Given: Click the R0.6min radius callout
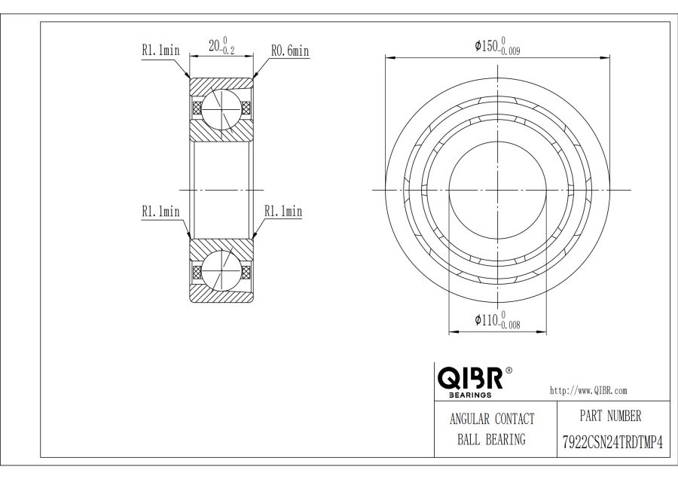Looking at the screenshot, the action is click(290, 51).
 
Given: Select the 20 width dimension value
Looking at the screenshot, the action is click(214, 45).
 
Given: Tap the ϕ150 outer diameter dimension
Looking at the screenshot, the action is click(497, 46).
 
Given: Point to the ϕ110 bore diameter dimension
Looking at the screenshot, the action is click(497, 320).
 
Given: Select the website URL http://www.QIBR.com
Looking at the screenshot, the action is click(588, 390).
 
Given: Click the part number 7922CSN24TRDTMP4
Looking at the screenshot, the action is click(612, 443).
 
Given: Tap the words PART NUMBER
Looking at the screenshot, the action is click(610, 416).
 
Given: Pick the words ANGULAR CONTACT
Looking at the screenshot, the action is click(492, 419).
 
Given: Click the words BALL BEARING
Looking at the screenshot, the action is click(492, 440).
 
